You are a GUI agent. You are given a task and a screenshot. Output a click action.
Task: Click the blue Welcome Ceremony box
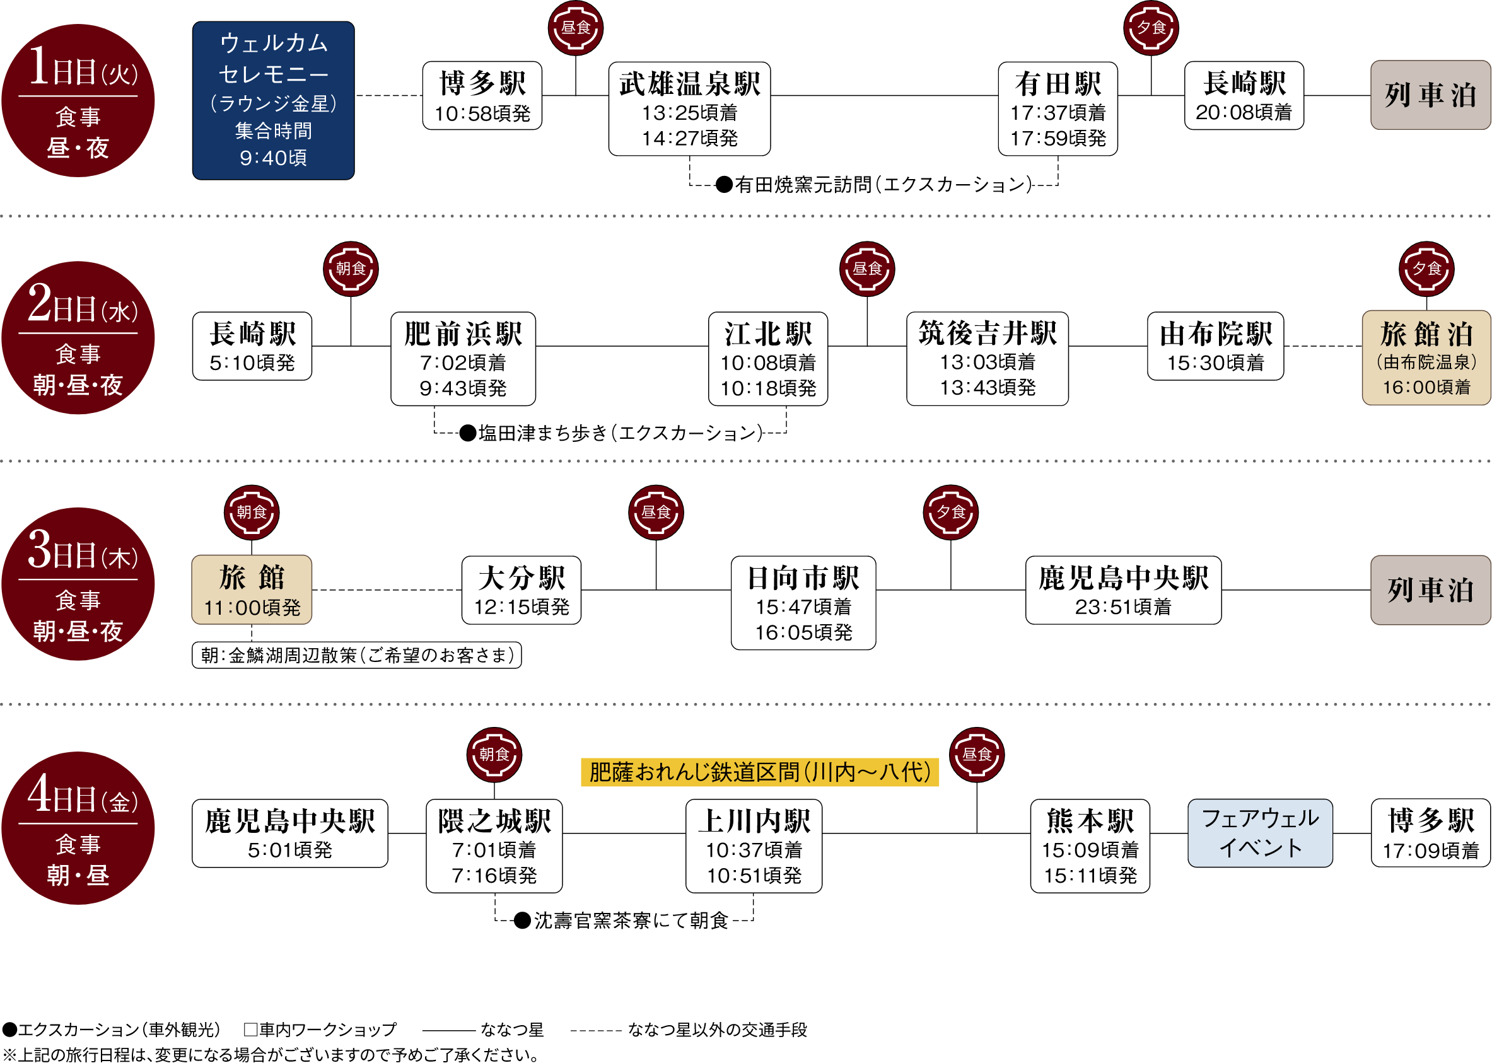(273, 100)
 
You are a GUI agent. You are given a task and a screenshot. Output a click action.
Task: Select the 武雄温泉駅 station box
(689, 108)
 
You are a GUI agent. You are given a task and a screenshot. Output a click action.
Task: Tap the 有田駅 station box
(1058, 108)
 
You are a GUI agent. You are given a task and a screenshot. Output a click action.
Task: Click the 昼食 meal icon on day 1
(575, 28)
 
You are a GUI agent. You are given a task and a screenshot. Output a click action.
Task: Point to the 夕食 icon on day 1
(1150, 28)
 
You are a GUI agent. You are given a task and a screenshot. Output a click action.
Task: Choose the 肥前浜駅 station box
(463, 359)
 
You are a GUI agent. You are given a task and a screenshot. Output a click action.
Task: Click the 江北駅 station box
(768, 359)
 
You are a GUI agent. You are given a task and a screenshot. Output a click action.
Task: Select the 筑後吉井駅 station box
(988, 359)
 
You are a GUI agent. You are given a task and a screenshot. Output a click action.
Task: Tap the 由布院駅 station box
(1215, 346)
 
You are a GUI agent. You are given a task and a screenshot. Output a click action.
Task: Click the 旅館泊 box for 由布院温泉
(1426, 357)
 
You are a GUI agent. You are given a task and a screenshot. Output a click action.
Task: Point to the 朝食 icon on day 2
(350, 269)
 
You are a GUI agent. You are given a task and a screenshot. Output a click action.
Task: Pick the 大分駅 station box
(521, 590)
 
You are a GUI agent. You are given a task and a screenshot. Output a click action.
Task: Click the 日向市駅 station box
(803, 602)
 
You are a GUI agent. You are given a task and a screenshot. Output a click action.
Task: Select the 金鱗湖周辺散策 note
(357, 655)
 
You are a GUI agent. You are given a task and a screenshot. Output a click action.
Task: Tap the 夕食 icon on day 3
(950, 512)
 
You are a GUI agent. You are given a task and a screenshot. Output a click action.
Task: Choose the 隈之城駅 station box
(494, 845)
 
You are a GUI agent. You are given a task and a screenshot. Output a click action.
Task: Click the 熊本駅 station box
(1090, 845)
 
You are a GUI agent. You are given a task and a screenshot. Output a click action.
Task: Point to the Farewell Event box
(1260, 833)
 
